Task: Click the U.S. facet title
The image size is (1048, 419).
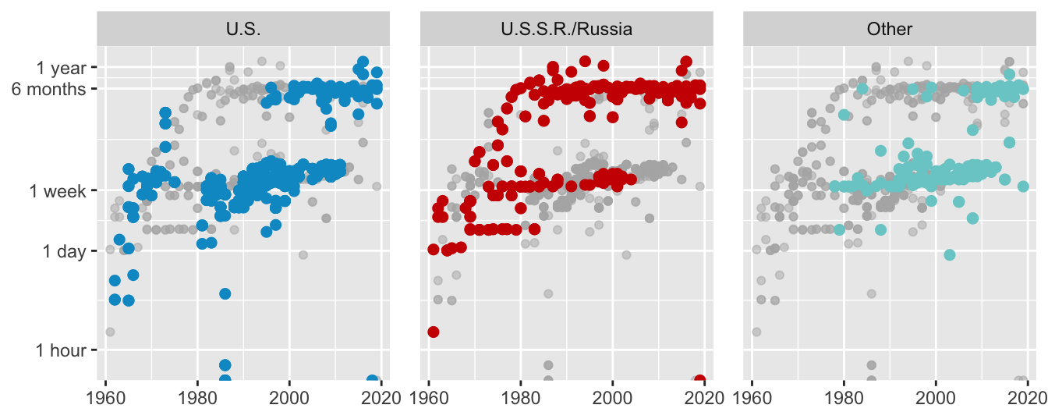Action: (243, 30)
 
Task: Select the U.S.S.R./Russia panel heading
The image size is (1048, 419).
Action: (566, 30)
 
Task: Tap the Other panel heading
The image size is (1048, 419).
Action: (889, 30)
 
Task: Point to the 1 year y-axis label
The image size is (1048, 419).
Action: (62, 68)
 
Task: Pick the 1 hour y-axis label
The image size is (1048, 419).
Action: (61, 350)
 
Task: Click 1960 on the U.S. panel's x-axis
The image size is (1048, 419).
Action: (106, 396)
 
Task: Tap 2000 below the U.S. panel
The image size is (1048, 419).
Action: (289, 396)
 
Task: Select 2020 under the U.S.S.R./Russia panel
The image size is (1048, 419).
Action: (705, 396)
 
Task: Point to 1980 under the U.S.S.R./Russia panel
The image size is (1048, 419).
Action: (521, 396)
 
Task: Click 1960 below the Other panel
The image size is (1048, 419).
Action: (752, 396)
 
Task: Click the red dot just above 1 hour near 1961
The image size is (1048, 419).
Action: (434, 332)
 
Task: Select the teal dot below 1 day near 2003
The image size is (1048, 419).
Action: (949, 255)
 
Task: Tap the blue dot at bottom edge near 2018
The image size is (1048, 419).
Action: (373, 380)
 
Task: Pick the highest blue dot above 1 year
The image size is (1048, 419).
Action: (363, 61)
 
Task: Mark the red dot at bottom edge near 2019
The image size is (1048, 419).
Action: (699, 380)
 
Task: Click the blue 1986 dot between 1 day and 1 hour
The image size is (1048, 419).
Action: (225, 293)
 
